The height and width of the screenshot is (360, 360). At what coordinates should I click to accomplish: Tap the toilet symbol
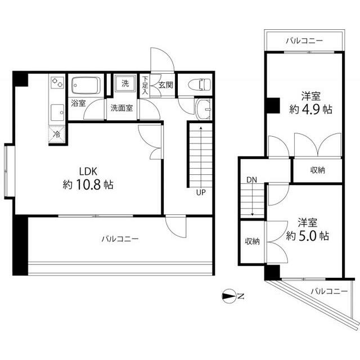[x=199, y=85]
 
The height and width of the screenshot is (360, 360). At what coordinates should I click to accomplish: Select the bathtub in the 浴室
[x=86, y=85]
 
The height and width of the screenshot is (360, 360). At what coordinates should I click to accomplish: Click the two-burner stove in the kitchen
[x=57, y=83]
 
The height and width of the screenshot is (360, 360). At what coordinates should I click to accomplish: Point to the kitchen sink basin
[x=57, y=112]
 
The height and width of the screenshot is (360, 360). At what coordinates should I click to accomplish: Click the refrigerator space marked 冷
[x=57, y=134]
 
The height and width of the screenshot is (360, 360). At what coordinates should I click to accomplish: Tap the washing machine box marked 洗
[x=125, y=83]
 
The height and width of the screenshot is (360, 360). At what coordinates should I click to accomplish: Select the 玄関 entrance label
[x=166, y=85]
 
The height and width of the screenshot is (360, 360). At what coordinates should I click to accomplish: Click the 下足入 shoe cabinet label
[x=145, y=85]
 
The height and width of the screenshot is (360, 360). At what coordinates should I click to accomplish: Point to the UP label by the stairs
[x=201, y=192]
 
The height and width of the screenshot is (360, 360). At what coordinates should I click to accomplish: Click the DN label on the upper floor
[x=251, y=180]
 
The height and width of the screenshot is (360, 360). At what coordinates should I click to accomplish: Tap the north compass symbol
[x=229, y=296]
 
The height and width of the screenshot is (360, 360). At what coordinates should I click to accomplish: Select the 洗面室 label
[x=121, y=108]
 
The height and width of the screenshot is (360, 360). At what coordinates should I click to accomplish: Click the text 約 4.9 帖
[x=310, y=110]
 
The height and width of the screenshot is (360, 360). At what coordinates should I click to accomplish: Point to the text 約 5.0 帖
[x=308, y=236]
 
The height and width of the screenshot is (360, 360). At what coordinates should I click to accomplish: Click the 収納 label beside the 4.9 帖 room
[x=318, y=170]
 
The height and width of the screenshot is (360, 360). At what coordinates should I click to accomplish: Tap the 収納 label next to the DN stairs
[x=253, y=241]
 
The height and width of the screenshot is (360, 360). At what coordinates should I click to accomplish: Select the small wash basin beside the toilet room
[x=204, y=110]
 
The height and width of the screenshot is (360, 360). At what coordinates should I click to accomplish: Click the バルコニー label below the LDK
[x=120, y=239]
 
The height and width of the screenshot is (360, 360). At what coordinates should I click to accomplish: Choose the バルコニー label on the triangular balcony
[x=329, y=291]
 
